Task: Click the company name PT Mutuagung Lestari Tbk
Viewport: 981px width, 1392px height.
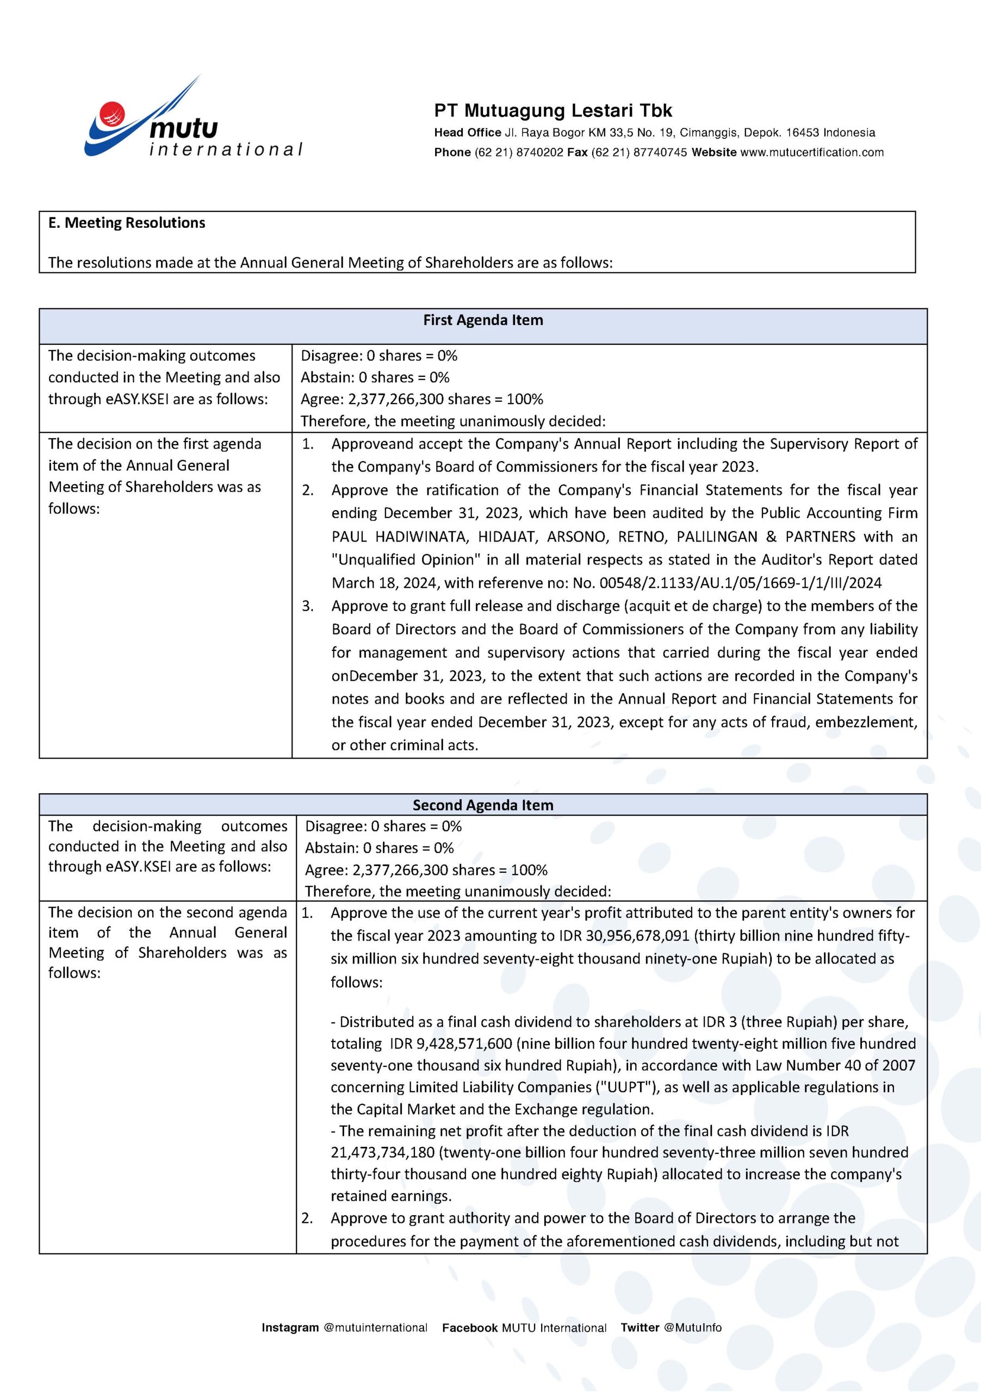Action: (x=552, y=110)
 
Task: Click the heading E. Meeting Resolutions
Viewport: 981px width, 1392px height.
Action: (x=127, y=222)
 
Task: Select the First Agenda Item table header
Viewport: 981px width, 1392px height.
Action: (x=483, y=320)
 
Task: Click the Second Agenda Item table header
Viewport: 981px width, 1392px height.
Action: (x=483, y=805)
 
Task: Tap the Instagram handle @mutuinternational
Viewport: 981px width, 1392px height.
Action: (x=375, y=1328)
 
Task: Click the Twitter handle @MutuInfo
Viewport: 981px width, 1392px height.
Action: (x=692, y=1328)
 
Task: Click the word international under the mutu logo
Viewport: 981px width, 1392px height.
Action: (x=226, y=150)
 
